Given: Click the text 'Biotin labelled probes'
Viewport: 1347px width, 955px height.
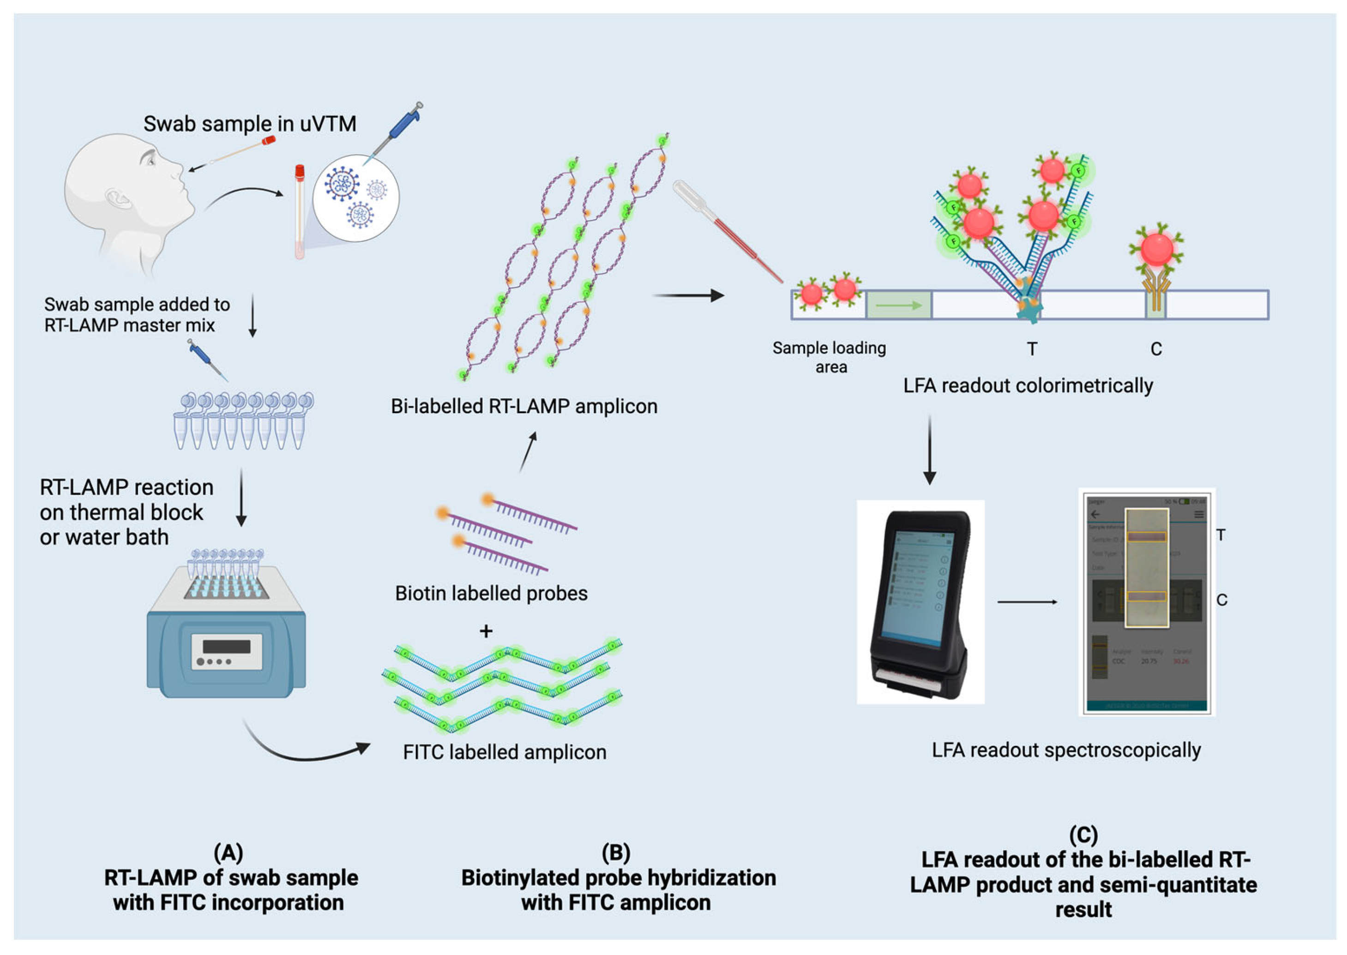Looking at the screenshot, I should [x=491, y=593].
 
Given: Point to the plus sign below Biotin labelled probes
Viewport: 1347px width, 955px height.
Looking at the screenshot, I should [x=486, y=631].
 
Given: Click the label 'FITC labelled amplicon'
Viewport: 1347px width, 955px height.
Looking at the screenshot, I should [x=505, y=752].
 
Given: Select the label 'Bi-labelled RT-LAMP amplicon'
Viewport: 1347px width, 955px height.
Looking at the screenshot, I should [x=524, y=406].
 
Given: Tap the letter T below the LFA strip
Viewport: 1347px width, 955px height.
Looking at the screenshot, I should [x=1032, y=349].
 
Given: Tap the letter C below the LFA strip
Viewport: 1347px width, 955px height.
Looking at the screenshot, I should [x=1156, y=349].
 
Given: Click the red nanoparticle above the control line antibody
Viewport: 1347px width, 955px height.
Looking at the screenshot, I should [x=1156, y=249].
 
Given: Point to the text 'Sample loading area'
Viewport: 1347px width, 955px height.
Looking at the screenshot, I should [x=829, y=357].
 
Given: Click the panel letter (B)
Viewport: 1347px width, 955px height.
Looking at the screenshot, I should [x=616, y=852].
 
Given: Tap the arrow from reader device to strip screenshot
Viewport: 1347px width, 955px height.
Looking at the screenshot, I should [x=1027, y=601].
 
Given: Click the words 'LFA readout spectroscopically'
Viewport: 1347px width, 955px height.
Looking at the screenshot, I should [x=1065, y=751].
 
